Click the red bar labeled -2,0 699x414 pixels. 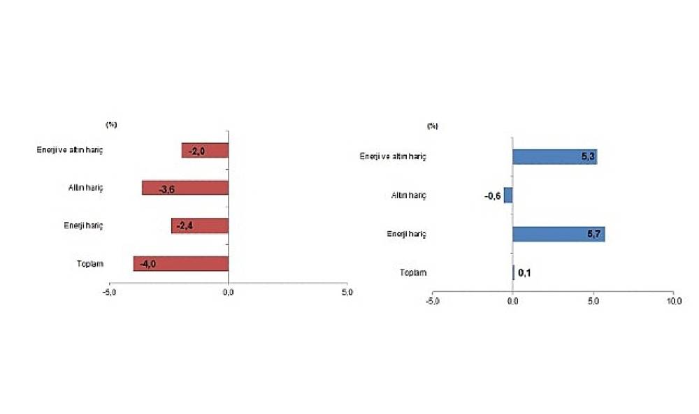(205, 150)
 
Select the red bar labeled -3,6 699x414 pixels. (185, 188)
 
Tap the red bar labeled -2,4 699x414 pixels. (200, 226)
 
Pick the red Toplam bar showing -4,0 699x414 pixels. (180, 263)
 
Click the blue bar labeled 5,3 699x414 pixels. (554, 156)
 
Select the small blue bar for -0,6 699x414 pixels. (508, 195)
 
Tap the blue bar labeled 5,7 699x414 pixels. (559, 234)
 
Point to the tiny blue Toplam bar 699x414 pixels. (514, 272)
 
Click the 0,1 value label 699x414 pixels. (525, 272)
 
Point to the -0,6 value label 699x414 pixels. (492, 195)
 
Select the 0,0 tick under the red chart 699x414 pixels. (228, 292)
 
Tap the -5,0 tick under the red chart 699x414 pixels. (109, 292)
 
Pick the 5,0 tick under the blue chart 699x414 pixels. (593, 301)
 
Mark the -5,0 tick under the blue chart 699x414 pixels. (432, 301)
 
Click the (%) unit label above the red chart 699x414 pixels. (110, 124)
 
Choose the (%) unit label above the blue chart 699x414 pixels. (433, 126)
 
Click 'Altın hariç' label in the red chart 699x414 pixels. (87, 188)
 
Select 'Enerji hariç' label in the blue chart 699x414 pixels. (406, 234)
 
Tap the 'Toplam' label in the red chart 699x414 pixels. (91, 263)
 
